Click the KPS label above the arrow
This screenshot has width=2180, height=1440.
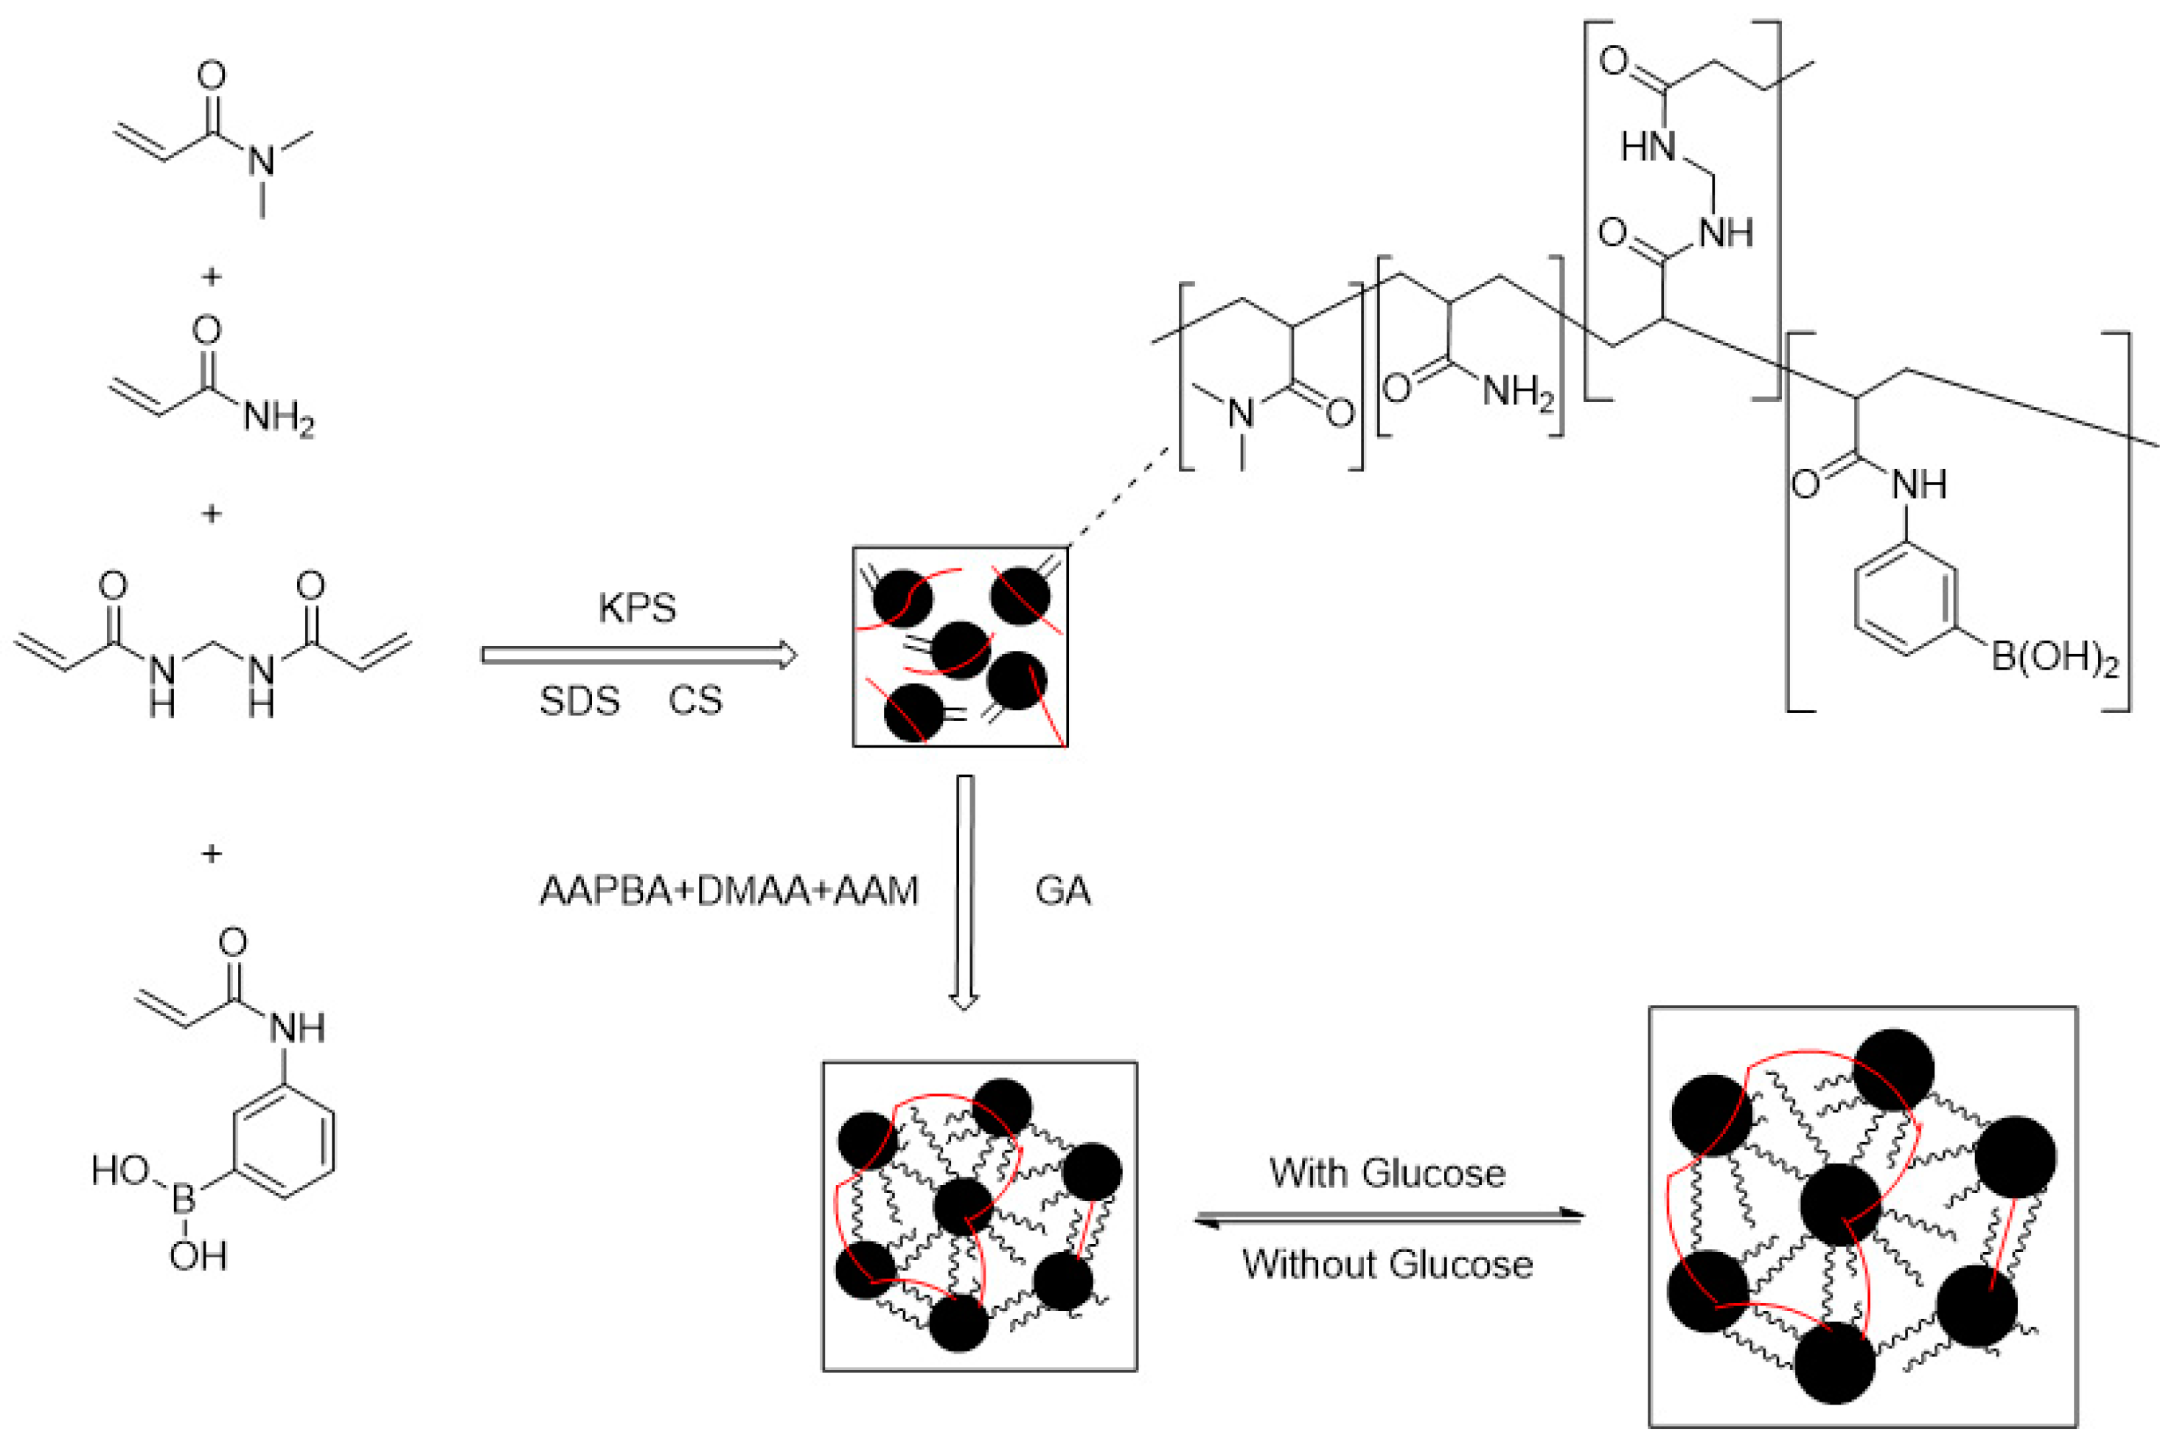(637, 608)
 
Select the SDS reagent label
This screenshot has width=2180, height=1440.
(579, 700)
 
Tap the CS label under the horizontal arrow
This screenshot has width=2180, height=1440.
(695, 700)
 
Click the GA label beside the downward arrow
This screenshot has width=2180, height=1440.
(1062, 891)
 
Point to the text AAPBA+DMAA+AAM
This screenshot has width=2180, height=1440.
(729, 891)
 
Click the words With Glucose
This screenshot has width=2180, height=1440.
(1387, 1173)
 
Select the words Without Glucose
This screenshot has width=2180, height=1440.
(1387, 1265)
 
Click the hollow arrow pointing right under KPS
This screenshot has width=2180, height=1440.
(638, 655)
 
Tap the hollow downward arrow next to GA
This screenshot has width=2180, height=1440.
(964, 891)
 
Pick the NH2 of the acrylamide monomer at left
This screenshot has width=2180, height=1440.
(278, 420)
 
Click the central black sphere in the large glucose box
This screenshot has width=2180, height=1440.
(1839, 1204)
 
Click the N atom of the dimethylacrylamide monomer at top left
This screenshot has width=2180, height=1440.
(262, 161)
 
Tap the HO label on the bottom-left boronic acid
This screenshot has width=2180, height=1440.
(120, 1170)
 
